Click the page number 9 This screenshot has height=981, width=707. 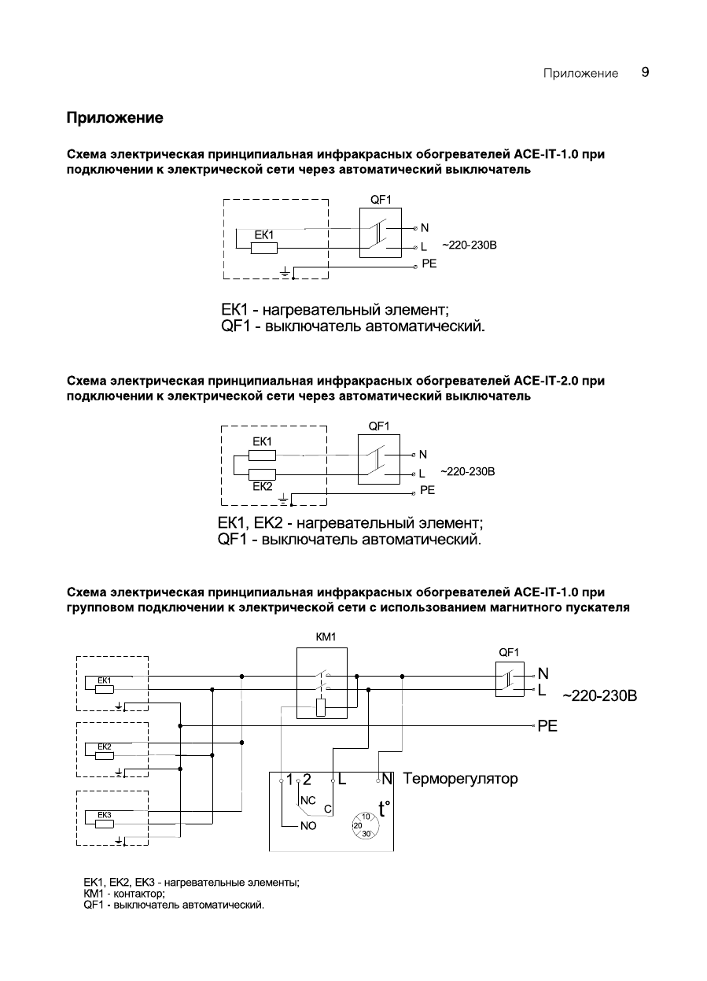click(645, 72)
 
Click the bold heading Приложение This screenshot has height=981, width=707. click(115, 118)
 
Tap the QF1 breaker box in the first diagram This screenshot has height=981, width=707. click(380, 233)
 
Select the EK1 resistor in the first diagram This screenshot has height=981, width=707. click(264, 248)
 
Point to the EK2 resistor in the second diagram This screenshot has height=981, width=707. click(263, 474)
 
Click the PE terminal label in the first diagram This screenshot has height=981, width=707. click(429, 264)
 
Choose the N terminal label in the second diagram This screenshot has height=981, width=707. click(423, 455)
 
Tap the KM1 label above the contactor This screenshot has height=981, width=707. click(326, 637)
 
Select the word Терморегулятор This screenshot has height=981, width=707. click(461, 779)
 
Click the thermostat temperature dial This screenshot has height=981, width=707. click(365, 824)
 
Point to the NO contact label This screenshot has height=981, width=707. click(307, 827)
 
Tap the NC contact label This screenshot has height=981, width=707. click(307, 798)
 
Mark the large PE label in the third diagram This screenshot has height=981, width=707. click(547, 727)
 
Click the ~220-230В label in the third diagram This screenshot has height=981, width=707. click(599, 697)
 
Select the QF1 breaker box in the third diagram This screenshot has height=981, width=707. click(510, 680)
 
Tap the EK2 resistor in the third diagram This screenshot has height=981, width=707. click(105, 755)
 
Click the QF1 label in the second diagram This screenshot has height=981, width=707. click(379, 426)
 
